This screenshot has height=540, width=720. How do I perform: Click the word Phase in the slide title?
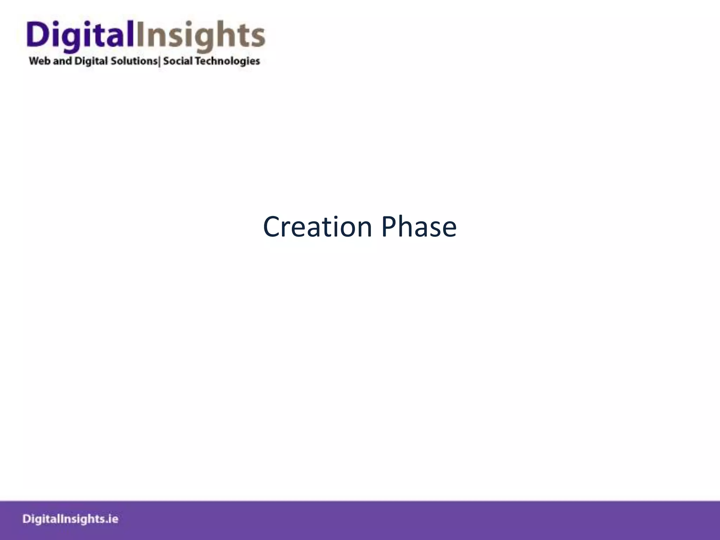[x=419, y=227]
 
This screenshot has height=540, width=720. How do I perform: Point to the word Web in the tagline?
[x=40, y=61]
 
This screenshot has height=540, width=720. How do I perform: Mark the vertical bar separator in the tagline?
[x=160, y=62]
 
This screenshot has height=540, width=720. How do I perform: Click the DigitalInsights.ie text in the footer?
[x=70, y=519]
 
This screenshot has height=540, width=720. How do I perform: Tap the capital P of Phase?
[x=389, y=227]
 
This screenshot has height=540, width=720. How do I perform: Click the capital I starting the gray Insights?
[x=139, y=34]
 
